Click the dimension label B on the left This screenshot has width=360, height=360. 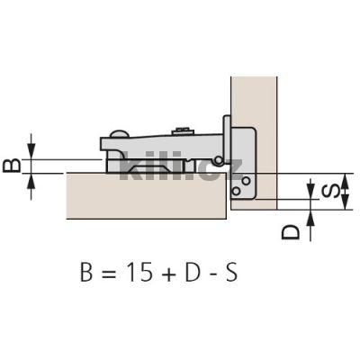click(x=12, y=166)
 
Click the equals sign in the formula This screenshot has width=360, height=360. click(x=108, y=273)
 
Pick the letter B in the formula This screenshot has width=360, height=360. click(x=86, y=272)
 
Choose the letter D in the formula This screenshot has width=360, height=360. click(x=193, y=272)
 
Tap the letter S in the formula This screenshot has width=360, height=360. click(x=231, y=272)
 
